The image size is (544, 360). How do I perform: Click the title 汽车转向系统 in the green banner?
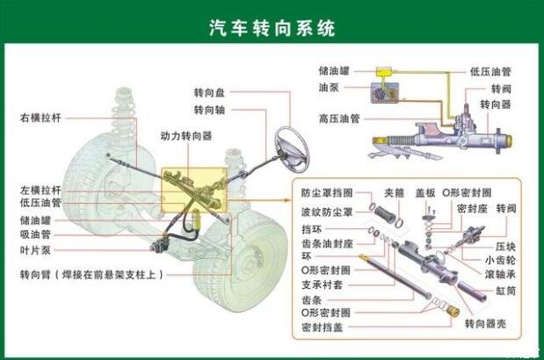(x=272, y=28)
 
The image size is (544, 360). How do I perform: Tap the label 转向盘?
(x=209, y=92)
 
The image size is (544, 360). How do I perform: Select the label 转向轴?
(x=209, y=110)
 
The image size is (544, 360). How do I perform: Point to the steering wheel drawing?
(x=292, y=149)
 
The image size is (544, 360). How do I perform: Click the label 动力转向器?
(x=186, y=136)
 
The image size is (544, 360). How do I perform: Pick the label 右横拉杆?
(x=40, y=118)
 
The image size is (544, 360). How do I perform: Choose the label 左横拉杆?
(x=40, y=190)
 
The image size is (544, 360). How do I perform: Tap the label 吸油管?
(x=35, y=234)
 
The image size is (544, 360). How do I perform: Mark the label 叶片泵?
(x=35, y=250)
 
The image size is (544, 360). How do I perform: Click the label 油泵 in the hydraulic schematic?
(x=329, y=87)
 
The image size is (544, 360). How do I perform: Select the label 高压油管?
(x=339, y=119)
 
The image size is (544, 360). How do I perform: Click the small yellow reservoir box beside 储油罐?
(x=384, y=72)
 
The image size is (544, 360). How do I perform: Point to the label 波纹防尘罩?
(x=327, y=212)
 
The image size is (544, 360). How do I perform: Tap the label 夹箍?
(x=394, y=192)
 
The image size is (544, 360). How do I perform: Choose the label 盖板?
(x=425, y=192)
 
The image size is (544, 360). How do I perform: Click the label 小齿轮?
(x=500, y=260)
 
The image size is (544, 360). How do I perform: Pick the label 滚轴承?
(x=500, y=275)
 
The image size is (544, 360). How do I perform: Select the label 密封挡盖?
(x=323, y=328)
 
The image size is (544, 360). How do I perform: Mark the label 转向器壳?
(x=485, y=324)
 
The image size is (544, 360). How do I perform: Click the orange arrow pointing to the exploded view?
(x=258, y=200)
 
